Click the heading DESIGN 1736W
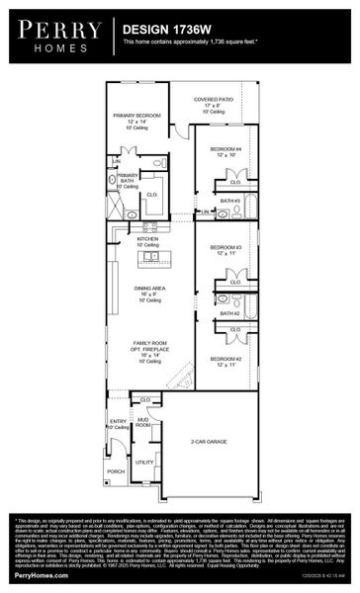pos(166,31)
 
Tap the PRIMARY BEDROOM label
pos(137,115)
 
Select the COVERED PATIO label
pos(213,100)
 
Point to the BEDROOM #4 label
pos(225,148)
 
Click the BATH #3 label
pos(229,201)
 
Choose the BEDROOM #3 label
pos(225,248)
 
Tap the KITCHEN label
pos(147,239)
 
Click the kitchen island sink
pos(151,256)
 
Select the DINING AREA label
pos(148,288)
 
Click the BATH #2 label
pos(229,313)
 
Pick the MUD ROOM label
pos(142,421)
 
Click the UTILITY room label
pos(144,462)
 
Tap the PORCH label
pos(117,471)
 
